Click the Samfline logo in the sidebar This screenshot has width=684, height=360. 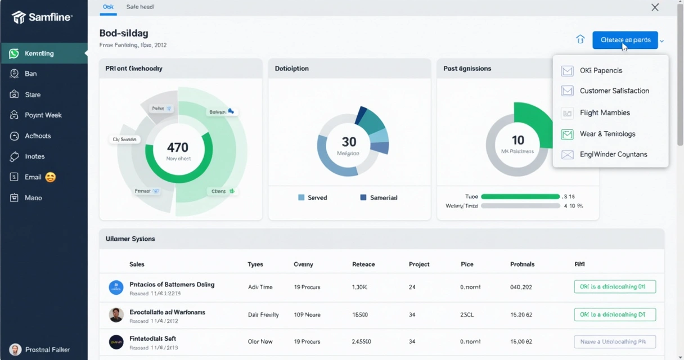click(42, 17)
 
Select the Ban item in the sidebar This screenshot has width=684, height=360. click(30, 74)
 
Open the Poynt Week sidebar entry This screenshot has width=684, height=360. click(43, 115)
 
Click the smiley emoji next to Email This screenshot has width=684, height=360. click(51, 177)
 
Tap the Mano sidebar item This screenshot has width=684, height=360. click(33, 198)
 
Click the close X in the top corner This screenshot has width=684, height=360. click(655, 7)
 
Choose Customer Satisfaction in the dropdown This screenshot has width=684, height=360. click(614, 91)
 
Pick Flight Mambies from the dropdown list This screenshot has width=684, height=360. click(605, 113)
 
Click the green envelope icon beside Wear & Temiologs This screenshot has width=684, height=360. click(568, 134)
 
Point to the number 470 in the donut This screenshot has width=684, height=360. click(178, 147)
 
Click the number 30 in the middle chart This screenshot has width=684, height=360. click(349, 142)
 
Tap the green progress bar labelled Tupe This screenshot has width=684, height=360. click(520, 197)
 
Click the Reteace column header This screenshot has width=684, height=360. click(363, 264)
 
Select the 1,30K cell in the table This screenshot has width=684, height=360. click(359, 287)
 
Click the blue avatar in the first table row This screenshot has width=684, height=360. click(116, 288)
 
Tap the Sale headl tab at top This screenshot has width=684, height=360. click(140, 7)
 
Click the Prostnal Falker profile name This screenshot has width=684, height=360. click(47, 350)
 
